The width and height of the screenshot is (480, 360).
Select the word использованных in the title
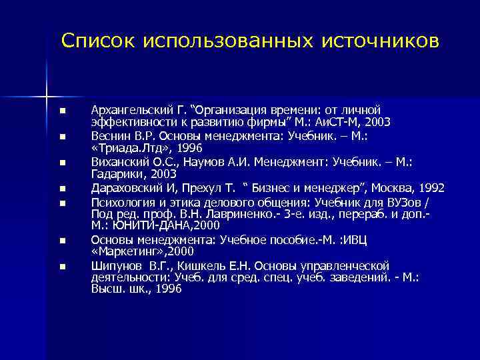(228, 41)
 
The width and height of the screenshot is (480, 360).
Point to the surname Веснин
(107, 135)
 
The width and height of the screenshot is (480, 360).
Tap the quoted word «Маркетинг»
(119, 252)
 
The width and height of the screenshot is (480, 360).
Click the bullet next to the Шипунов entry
(61, 266)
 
